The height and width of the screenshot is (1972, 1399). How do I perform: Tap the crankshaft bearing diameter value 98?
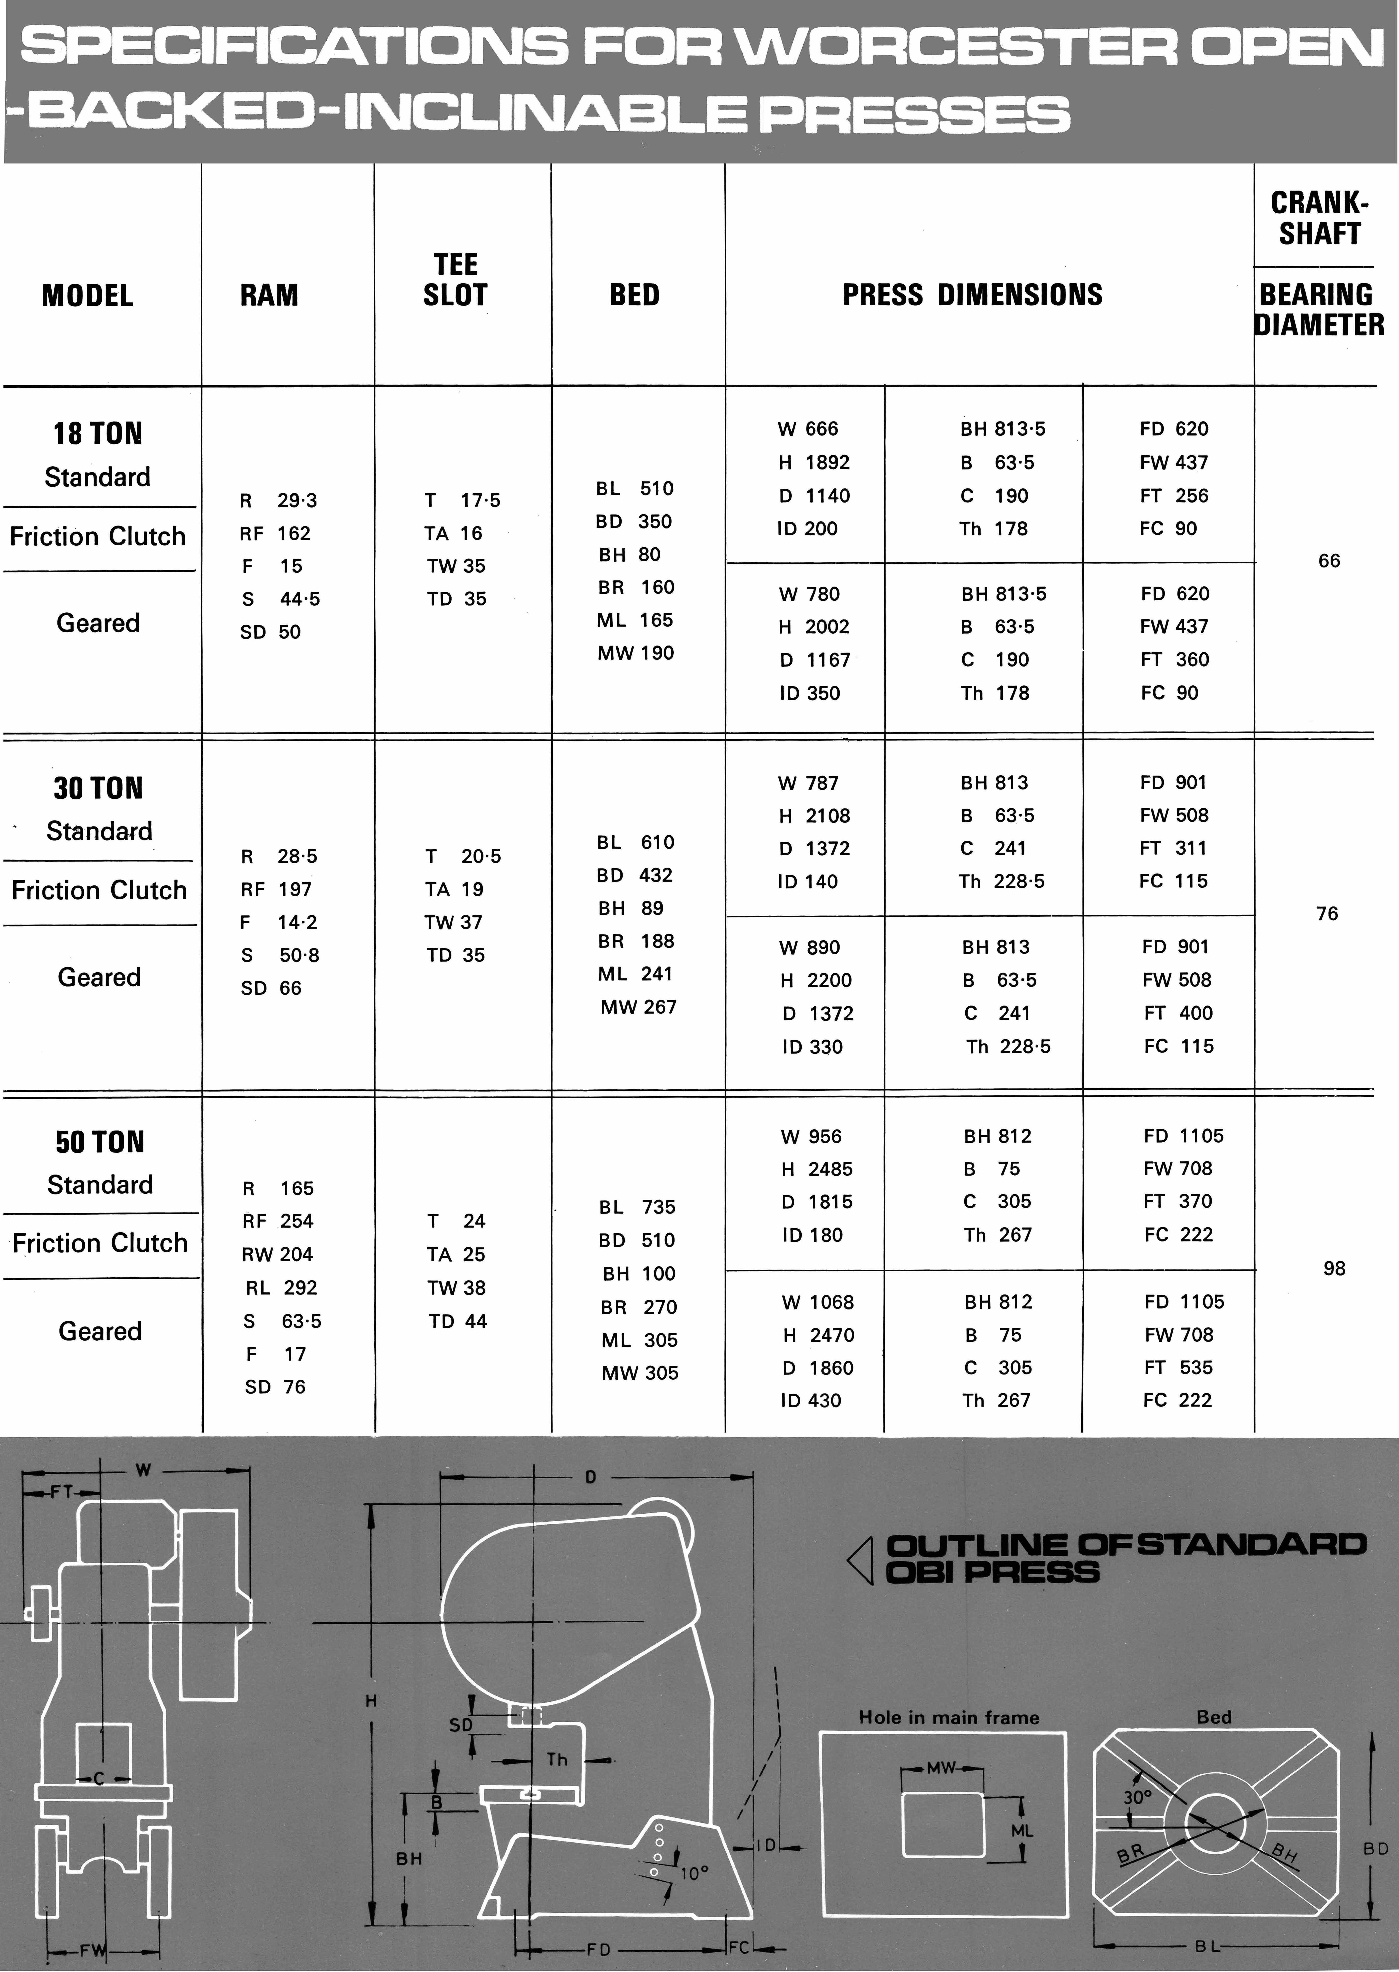(x=1334, y=1268)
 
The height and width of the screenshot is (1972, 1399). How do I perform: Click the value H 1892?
(x=814, y=463)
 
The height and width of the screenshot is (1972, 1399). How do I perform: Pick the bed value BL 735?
(x=638, y=1207)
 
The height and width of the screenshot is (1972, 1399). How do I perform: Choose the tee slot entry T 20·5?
(x=463, y=856)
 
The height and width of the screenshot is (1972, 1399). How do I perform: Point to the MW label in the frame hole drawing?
(x=941, y=1768)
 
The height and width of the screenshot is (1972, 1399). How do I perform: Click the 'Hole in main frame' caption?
(x=948, y=1717)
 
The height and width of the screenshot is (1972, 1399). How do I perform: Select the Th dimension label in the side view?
(x=556, y=1759)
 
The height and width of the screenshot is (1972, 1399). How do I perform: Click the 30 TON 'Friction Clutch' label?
(x=99, y=890)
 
